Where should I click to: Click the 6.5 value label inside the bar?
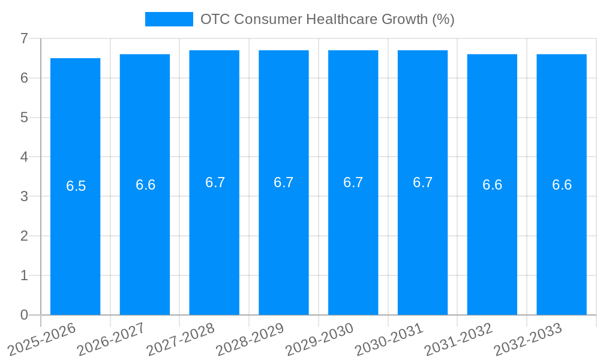[76, 186]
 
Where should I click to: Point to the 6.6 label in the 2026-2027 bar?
[145, 185]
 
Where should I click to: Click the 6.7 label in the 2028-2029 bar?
[284, 182]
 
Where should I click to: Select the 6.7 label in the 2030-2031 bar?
[422, 182]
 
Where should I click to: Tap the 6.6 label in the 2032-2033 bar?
[562, 185]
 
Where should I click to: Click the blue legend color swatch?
[169, 19]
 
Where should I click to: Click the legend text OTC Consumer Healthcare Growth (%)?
[327, 19]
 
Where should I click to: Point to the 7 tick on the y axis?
[24, 38]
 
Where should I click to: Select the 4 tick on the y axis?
[24, 157]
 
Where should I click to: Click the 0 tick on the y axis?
[24, 315]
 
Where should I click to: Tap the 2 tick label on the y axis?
[24, 236]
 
